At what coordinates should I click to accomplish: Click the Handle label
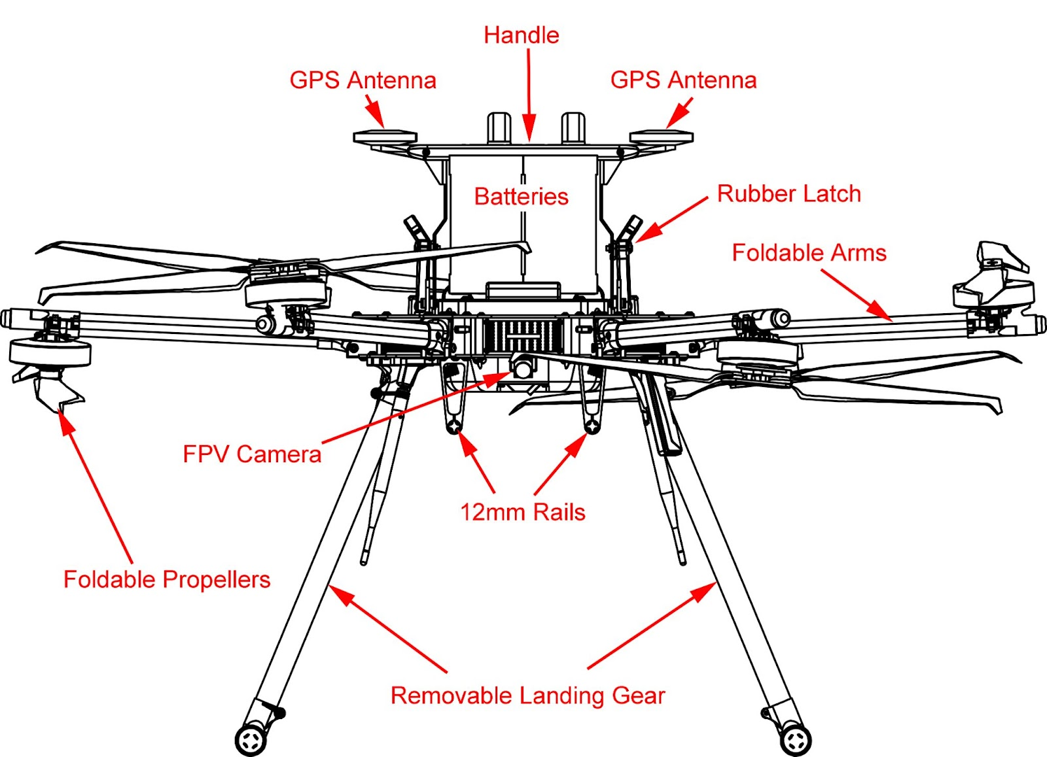point(522,35)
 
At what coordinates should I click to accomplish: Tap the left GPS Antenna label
point(363,80)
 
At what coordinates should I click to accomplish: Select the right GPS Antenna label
point(683,80)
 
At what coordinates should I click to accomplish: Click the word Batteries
point(521,196)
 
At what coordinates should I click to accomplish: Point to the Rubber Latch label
point(789,193)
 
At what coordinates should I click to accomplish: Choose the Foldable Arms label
point(809,252)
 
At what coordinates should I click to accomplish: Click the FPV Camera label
point(252,454)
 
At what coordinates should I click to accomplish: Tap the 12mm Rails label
point(522,512)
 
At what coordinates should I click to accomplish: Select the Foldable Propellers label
point(167,579)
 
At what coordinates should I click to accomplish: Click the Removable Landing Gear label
point(527,696)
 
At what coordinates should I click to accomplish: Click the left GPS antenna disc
point(385,137)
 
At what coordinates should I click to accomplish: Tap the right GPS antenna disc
point(661,137)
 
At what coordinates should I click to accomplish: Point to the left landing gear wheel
point(251,740)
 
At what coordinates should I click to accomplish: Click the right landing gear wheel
point(796,740)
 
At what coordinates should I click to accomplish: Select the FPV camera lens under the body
point(523,369)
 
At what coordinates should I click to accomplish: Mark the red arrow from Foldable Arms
point(857,295)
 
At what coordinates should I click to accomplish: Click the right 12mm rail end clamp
point(592,426)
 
